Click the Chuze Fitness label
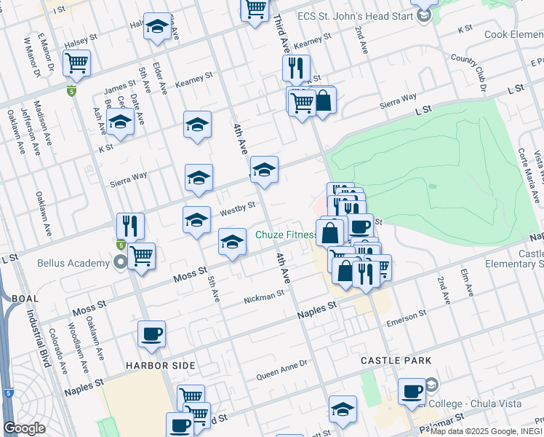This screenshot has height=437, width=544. point(286,235)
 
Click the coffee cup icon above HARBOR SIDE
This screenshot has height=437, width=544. point(151,334)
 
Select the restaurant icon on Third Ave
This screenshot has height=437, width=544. point(296,68)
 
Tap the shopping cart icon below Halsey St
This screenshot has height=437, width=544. point(76,63)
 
